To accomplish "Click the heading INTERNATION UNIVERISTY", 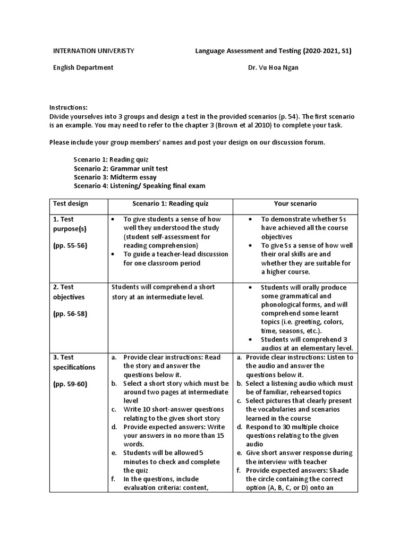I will coord(93,51).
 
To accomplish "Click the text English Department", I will coord(83,67).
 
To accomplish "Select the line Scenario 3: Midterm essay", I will coord(115,177).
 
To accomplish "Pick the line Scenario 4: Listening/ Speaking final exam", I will coord(139,185).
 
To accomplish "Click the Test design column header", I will coord(71,203).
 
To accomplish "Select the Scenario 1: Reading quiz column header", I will coord(170,203).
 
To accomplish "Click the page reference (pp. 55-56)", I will coord(70,245).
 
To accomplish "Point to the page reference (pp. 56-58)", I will coord(70,313).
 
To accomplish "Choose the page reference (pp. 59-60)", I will coord(70,384).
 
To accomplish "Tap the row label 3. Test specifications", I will coord(74,362).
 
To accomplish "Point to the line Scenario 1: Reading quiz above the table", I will coord(111,159).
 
